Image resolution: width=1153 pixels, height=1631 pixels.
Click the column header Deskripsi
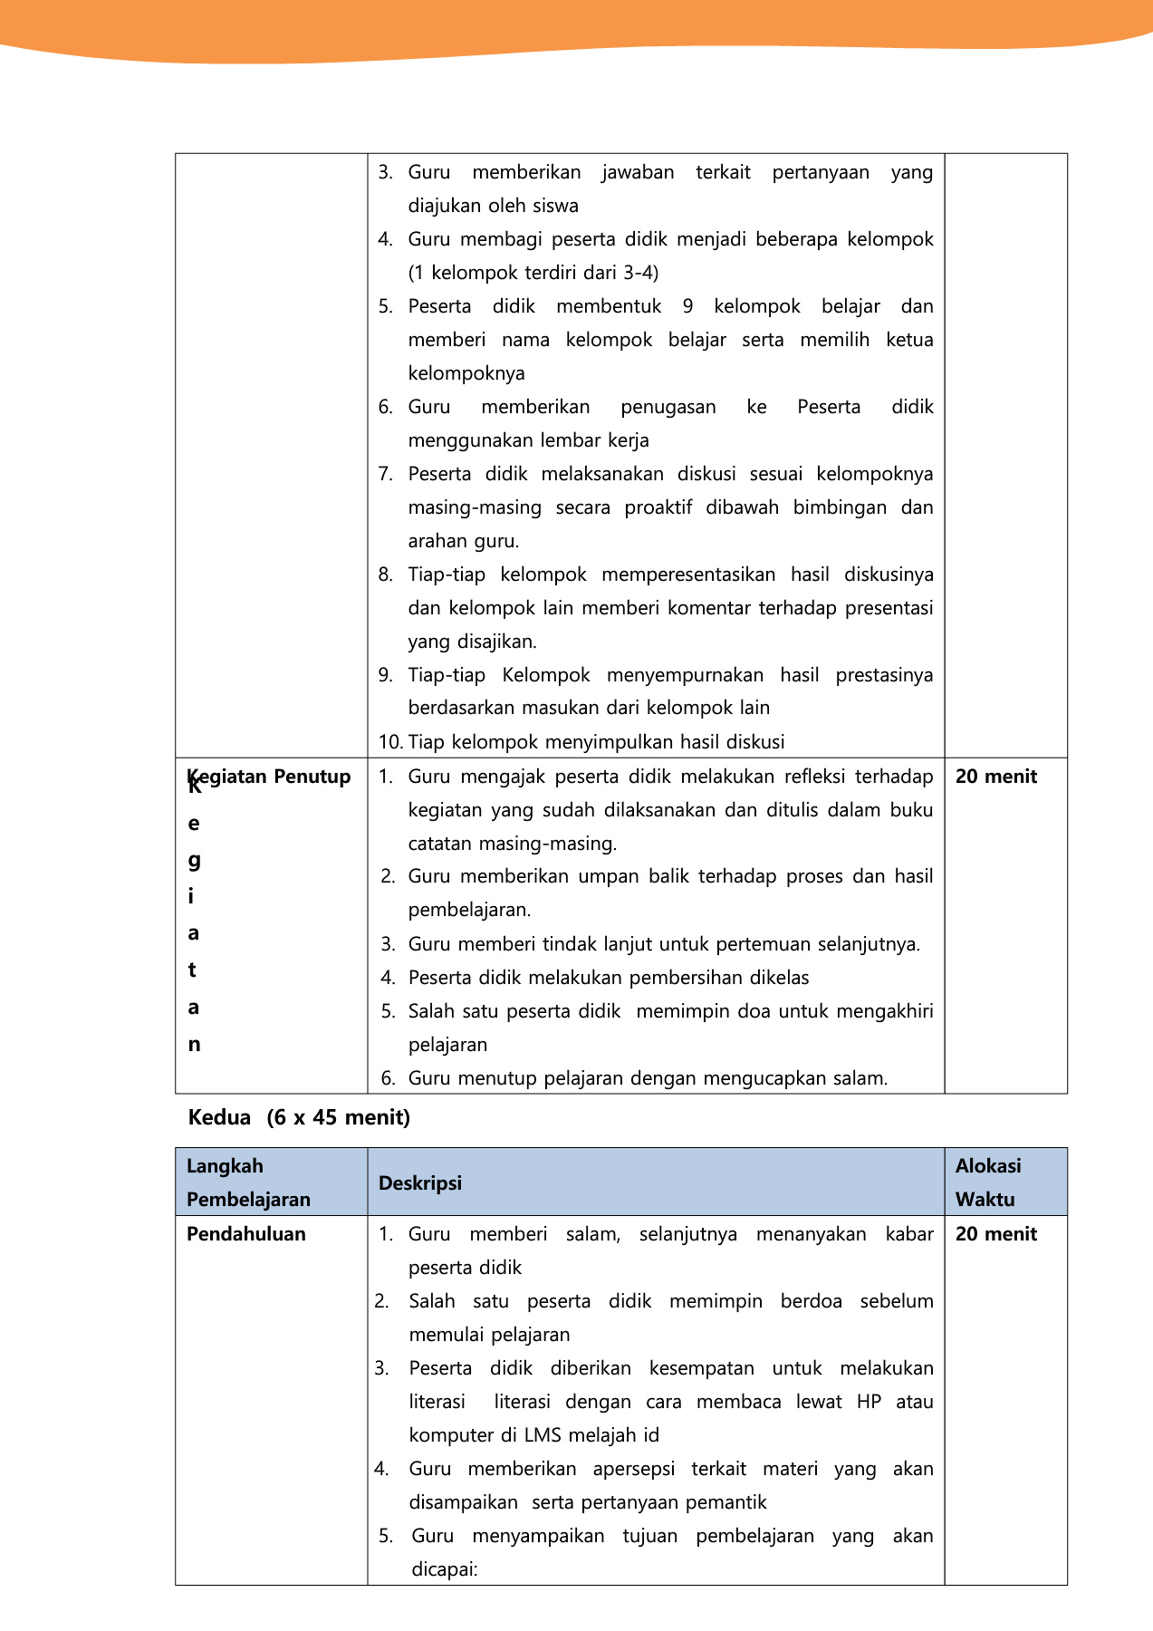(x=419, y=1182)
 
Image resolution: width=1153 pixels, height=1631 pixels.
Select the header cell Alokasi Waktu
(x=987, y=1182)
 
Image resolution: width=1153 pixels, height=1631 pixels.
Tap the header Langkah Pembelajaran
(x=248, y=1182)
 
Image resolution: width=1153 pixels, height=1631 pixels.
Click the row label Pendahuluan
(x=245, y=1234)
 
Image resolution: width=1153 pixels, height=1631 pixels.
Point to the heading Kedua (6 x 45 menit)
(x=299, y=1117)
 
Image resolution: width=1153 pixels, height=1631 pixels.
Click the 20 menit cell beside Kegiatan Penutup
(x=995, y=777)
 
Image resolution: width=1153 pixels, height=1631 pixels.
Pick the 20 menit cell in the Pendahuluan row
(x=995, y=1234)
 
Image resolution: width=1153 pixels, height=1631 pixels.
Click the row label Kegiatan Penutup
(x=269, y=777)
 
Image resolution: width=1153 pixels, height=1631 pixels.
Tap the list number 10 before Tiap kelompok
(x=390, y=742)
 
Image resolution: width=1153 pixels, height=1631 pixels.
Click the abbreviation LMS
(x=543, y=1435)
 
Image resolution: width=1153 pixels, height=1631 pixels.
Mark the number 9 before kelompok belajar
(x=687, y=306)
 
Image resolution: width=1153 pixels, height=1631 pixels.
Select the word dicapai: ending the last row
(x=444, y=1569)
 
